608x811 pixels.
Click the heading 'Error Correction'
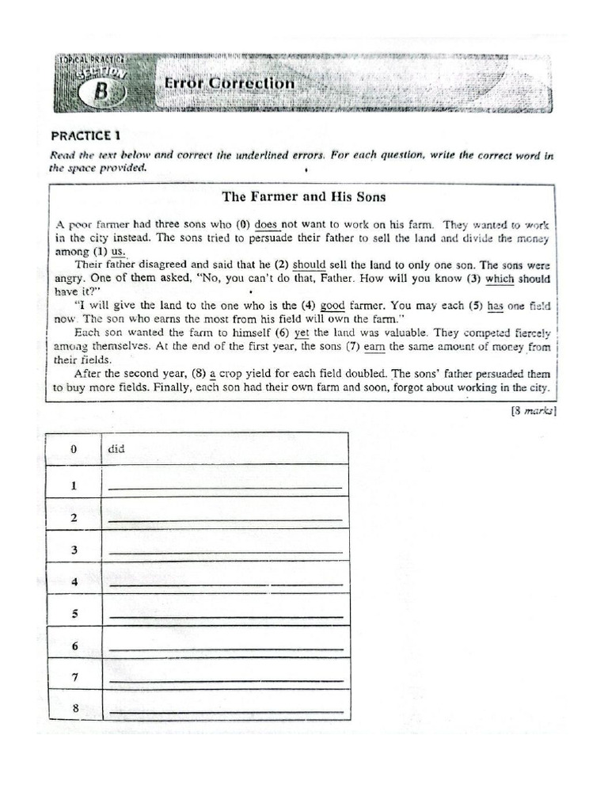tap(229, 83)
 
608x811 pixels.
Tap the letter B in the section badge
tap(101, 90)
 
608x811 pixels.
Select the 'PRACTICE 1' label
tap(85, 135)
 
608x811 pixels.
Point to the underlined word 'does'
tap(266, 224)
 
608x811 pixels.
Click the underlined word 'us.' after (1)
tap(118, 251)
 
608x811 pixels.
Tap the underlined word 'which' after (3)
tap(500, 278)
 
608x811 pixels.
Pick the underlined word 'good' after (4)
tap(333, 306)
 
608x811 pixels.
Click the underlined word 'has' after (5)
tap(496, 306)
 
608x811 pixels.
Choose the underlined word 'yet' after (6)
tap(301, 333)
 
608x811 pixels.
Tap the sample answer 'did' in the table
tap(116, 449)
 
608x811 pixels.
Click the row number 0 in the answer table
tap(74, 449)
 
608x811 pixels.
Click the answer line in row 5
tap(225, 615)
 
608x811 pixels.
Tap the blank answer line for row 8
tap(225, 712)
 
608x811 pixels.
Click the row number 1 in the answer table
tap(74, 485)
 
